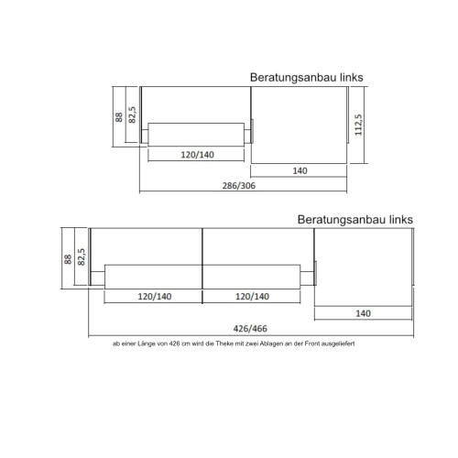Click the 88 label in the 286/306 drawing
pyautogui.click(x=119, y=116)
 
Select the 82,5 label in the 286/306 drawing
pyautogui.click(x=133, y=112)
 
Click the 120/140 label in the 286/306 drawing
pyautogui.click(x=198, y=154)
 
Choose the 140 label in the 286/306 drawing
pyautogui.click(x=300, y=170)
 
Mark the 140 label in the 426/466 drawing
pyautogui.click(x=364, y=313)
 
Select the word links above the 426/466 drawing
pyautogui.click(x=400, y=220)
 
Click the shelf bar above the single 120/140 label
pyautogui.click(x=198, y=134)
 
